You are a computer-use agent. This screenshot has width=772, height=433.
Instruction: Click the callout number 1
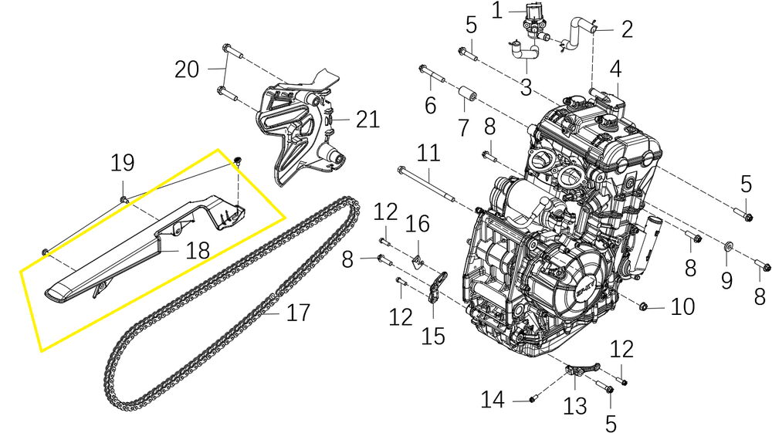[x=496, y=10]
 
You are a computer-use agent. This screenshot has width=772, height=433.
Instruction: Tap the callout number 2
[x=627, y=29]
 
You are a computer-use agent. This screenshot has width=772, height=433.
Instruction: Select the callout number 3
[x=526, y=87]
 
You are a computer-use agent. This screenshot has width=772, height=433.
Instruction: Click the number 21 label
[x=367, y=120]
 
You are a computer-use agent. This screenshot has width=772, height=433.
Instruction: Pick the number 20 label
[x=187, y=69]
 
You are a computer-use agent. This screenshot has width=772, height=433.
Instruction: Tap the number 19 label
[x=122, y=162]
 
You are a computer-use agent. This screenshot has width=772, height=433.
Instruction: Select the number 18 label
[x=198, y=250]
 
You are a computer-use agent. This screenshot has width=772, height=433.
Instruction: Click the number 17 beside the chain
[x=298, y=313]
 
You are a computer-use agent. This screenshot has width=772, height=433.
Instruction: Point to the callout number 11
[x=428, y=153]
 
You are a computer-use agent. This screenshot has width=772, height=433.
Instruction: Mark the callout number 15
[x=433, y=337]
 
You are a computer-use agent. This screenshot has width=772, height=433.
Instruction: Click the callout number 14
[x=493, y=400]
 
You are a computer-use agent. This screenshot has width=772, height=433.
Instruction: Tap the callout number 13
[x=574, y=407]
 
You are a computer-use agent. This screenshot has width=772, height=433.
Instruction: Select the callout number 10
[x=682, y=306]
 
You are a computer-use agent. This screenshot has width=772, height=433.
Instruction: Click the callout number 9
[x=726, y=280]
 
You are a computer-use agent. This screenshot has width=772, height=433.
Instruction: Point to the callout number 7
[x=462, y=127]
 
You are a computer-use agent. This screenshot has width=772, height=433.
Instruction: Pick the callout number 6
[x=430, y=105]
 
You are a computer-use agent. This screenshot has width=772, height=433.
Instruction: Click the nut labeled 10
[x=642, y=307]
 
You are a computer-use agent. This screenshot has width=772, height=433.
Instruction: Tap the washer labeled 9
[x=726, y=245]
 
